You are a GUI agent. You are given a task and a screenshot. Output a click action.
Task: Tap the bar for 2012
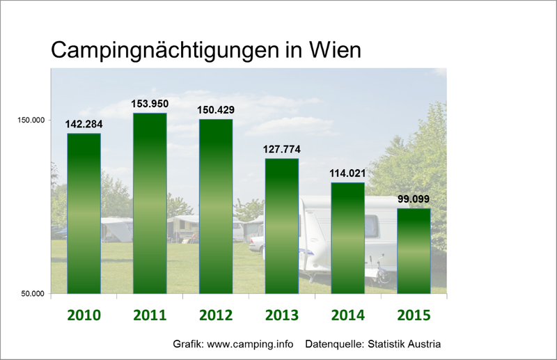point(216,205)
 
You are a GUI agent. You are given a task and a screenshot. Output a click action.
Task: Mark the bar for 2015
point(414,250)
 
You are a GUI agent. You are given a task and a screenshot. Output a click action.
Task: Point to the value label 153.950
point(150,104)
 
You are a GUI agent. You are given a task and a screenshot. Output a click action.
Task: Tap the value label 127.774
point(281,150)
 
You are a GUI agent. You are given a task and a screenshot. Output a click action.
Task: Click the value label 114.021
point(347,173)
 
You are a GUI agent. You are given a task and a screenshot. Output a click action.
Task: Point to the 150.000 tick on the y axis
point(31,120)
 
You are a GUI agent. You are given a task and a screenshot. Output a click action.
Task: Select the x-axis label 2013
point(281,315)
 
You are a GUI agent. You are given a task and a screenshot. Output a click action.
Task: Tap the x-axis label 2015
point(414,315)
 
